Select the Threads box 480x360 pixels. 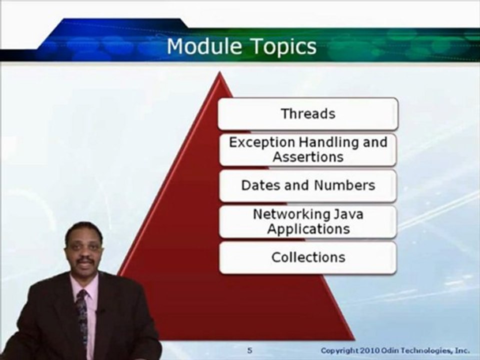tap(308, 113)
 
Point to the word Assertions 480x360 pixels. tap(308, 157)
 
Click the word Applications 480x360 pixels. tap(308, 229)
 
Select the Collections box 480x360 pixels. tap(308, 257)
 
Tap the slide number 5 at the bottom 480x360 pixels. tap(249, 350)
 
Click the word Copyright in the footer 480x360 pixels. tap(339, 350)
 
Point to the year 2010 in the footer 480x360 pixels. tap(368, 350)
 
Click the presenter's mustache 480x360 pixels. tap(85, 259)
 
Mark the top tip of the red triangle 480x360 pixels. tap(219, 74)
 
